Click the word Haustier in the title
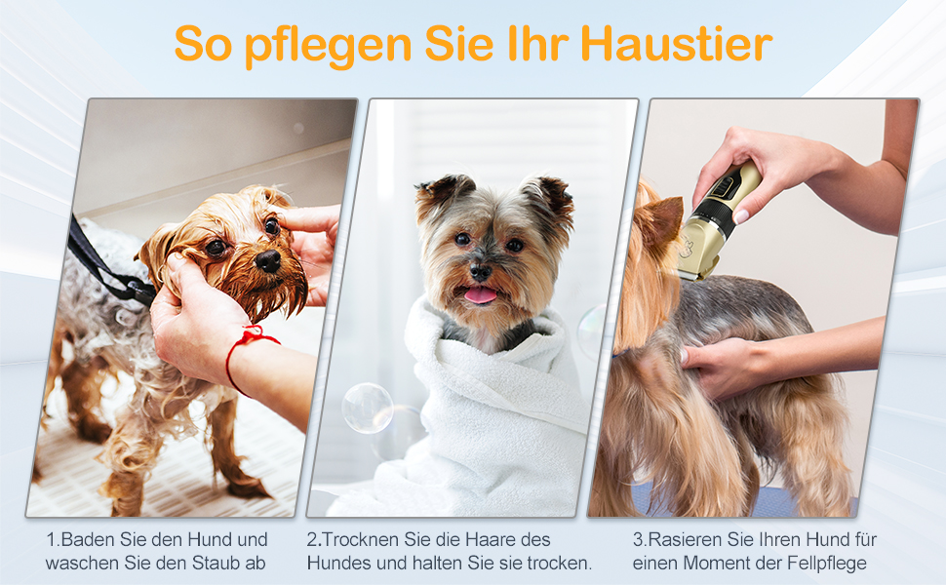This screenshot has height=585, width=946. (676, 44)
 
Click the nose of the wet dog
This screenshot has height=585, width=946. (268, 260)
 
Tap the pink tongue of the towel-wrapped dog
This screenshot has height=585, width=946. (480, 294)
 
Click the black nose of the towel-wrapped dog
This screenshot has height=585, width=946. (481, 272)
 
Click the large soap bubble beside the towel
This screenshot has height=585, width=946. (368, 408)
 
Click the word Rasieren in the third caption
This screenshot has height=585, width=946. (686, 539)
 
